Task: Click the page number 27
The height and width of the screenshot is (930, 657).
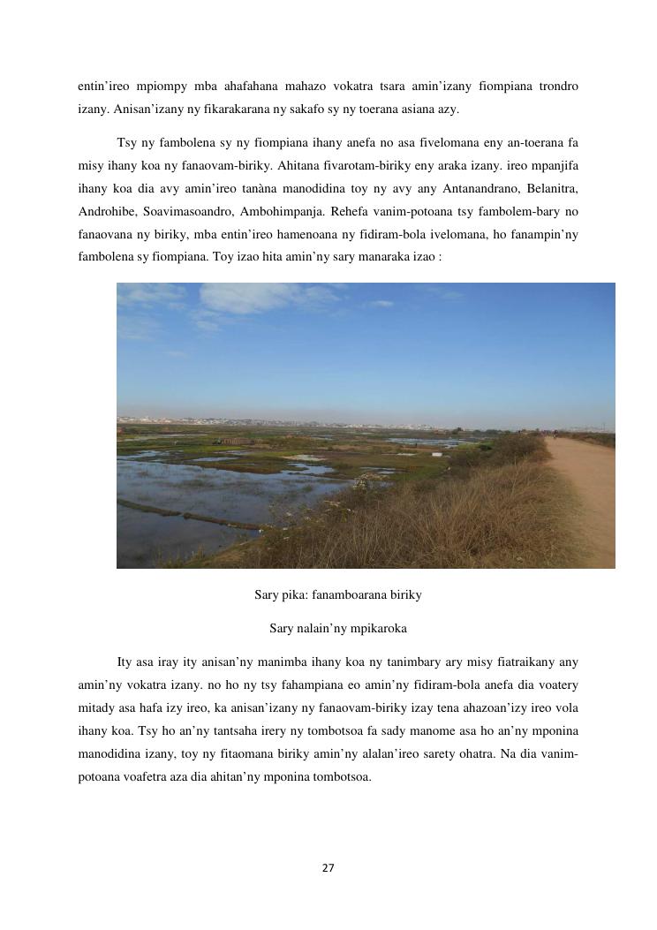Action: pos(328,868)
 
